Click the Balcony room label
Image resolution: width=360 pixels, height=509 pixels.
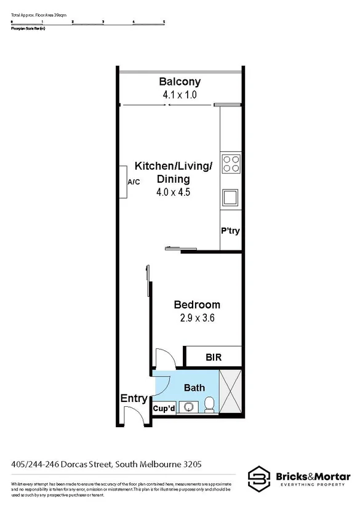coord(180,82)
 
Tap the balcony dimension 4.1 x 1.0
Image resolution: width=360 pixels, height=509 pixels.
coord(180,95)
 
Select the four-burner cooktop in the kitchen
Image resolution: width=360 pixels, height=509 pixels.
coord(231,164)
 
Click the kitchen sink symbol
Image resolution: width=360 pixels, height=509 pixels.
coord(231,197)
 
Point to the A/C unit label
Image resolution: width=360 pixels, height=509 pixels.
coord(134,183)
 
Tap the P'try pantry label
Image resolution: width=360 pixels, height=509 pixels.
coord(230,231)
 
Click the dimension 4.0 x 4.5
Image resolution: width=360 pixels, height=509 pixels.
coord(174,192)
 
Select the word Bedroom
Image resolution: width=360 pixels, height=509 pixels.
coord(197,305)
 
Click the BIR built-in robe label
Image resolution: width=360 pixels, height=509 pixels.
coord(214,357)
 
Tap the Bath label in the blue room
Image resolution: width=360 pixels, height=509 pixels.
coord(194,388)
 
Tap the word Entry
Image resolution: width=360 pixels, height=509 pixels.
coord(133,399)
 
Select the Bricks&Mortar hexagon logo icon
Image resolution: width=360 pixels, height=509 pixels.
coord(258,478)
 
